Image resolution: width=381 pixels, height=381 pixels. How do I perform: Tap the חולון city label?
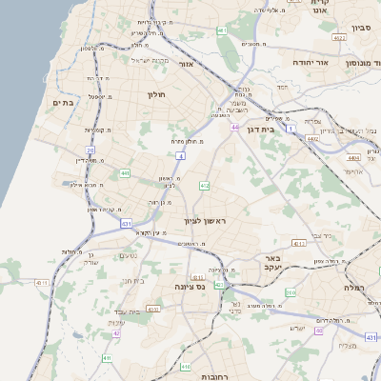tap(156, 94)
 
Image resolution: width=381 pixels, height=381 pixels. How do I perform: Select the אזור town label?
tap(187, 65)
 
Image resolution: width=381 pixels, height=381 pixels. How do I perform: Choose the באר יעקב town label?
tap(271, 263)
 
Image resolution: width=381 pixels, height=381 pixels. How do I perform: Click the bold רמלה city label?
tap(366, 287)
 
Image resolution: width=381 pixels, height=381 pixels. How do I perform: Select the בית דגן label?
tap(272, 128)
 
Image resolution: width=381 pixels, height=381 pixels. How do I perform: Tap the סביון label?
tap(360, 27)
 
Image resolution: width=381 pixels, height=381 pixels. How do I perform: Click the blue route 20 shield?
tap(90, 150)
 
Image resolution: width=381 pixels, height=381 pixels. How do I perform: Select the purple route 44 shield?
tap(234, 127)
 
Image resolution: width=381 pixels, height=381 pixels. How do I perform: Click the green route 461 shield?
tap(222, 31)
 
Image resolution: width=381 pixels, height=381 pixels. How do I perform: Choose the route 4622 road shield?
tap(339, 38)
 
